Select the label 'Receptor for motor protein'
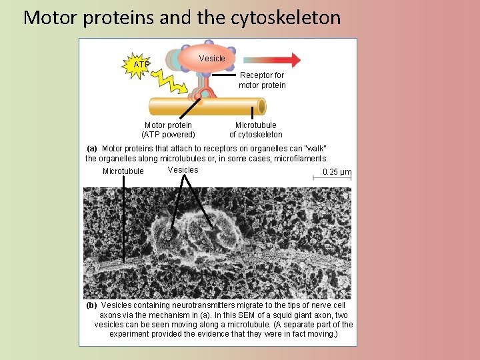click(x=262, y=80)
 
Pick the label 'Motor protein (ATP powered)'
click(x=168, y=129)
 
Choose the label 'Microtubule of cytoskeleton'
click(x=255, y=129)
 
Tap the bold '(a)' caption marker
click(x=92, y=148)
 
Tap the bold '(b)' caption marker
click(x=92, y=305)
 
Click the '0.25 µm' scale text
click(x=337, y=172)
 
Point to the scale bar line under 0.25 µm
click(x=337, y=179)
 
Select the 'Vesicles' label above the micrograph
click(x=183, y=170)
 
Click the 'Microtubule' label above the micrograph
click(x=123, y=171)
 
